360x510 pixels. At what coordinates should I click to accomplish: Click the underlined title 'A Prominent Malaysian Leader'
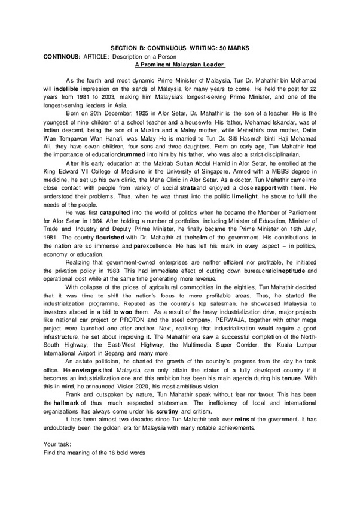click(179, 63)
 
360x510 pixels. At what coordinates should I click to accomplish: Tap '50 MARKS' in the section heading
click(233, 47)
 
